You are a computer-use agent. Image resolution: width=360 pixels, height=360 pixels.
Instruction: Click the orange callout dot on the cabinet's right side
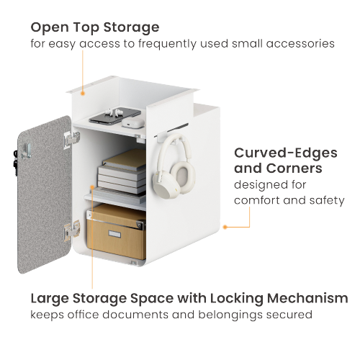coord(225,226)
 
